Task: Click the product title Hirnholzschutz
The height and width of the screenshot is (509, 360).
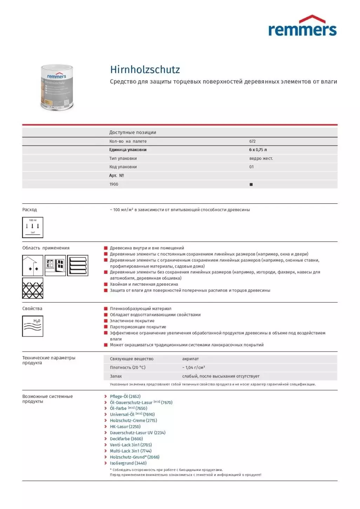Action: [x=145, y=69]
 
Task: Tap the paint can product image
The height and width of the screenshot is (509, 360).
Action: [x=57, y=88]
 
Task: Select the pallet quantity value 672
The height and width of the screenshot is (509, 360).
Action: [x=252, y=141]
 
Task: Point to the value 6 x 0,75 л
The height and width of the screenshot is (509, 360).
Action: [x=258, y=150]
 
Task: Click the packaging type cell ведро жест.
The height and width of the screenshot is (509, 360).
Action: [x=261, y=158]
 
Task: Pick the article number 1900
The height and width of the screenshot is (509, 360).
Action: [x=114, y=184]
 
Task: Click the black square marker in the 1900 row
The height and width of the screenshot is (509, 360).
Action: [x=251, y=184]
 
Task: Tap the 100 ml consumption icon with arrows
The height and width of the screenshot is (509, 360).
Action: [x=33, y=227]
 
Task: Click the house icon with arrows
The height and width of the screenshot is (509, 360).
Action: [x=33, y=265]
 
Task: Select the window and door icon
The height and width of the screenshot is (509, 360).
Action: [x=55, y=265]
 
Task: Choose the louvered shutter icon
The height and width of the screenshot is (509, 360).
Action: [x=78, y=265]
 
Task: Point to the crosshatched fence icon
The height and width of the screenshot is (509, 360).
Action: [x=33, y=288]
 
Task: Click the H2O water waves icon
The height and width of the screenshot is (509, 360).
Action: [x=33, y=326]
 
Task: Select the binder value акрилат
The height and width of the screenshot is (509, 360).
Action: [x=191, y=359]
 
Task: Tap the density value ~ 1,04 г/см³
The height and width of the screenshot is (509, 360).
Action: [x=193, y=367]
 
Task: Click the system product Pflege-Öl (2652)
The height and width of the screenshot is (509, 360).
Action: [x=125, y=396]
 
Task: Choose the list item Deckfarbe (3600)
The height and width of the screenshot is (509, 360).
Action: [x=126, y=439]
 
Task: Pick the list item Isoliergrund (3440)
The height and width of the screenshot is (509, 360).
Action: [x=128, y=463]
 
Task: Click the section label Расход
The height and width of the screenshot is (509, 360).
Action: [x=29, y=210]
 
